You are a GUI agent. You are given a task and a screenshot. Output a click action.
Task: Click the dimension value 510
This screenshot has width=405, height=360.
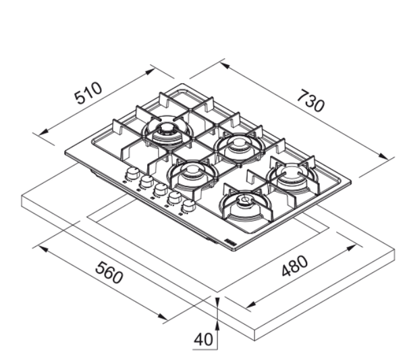pos(88,93)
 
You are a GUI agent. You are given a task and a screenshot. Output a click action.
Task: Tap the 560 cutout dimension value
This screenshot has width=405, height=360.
pos(109,272)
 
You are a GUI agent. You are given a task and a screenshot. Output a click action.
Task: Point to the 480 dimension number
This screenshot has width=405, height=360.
pos(294,265)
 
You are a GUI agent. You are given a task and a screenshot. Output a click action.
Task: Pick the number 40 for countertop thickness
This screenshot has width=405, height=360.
pos(204,339)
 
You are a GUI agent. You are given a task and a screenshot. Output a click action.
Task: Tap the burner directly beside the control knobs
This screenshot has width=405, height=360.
pos(192,175)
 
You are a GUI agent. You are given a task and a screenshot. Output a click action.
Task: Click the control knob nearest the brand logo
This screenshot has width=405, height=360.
pos(188,206)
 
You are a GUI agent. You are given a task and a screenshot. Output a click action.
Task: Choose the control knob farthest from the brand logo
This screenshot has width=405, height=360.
pos(133,173)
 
